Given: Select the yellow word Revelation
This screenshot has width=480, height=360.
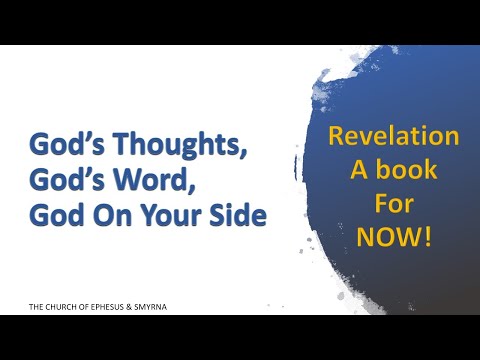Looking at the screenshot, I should point(393,136).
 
